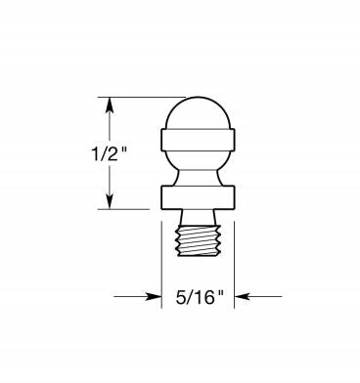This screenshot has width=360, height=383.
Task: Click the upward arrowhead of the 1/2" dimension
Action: [x=109, y=103]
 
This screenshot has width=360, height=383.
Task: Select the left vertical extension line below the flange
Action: [x=161, y=264]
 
